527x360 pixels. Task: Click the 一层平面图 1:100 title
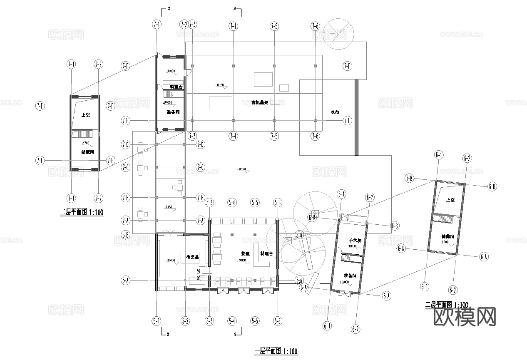(x=276, y=351)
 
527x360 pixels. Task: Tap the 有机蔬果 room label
(x=259, y=102)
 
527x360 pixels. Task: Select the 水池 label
(x=335, y=112)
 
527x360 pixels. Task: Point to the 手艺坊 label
(x=354, y=240)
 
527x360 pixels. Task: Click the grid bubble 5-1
(x=156, y=321)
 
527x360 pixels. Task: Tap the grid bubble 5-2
(x=185, y=321)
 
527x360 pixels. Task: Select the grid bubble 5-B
(x=125, y=234)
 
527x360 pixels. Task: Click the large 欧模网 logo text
(x=465, y=317)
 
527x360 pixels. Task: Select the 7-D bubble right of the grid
(x=201, y=144)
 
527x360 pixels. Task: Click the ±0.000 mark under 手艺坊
(x=353, y=246)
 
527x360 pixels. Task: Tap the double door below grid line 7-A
(x=170, y=232)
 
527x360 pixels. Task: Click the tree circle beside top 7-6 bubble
(x=339, y=32)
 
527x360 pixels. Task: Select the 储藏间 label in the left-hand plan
(x=87, y=152)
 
